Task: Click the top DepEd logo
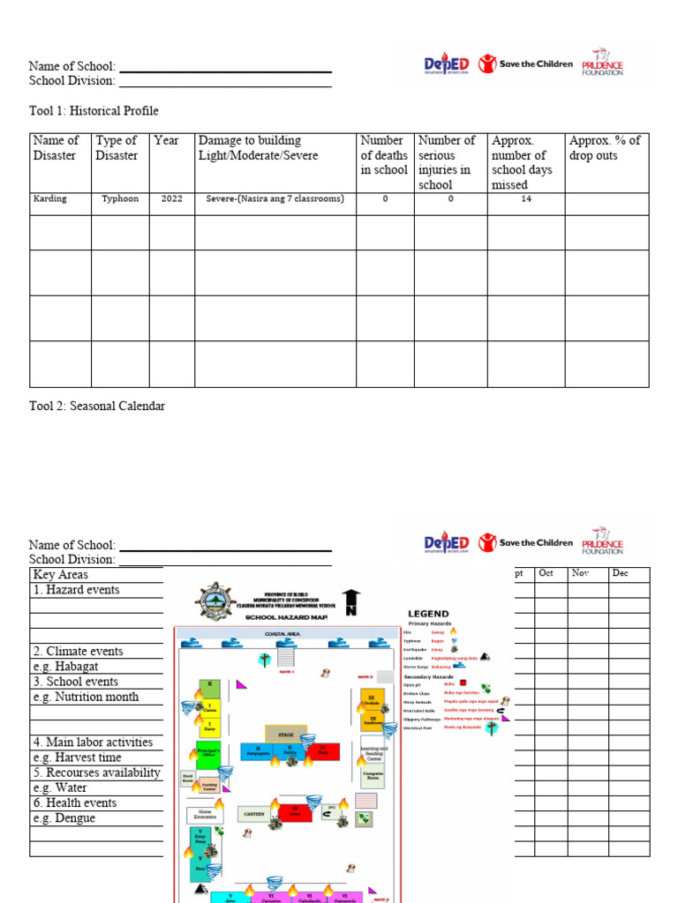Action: [447, 66]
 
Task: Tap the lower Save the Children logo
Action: [524, 543]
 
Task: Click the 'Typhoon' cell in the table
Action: [120, 199]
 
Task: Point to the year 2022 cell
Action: [171, 199]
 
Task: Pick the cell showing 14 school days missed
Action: [526, 199]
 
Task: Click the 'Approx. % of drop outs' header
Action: [606, 148]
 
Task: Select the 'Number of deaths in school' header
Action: [384, 155]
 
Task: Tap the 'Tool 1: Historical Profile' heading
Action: [94, 111]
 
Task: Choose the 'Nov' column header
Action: [580, 574]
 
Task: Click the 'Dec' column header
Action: [620, 574]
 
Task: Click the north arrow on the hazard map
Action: [351, 603]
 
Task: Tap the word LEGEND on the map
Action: [427, 614]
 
